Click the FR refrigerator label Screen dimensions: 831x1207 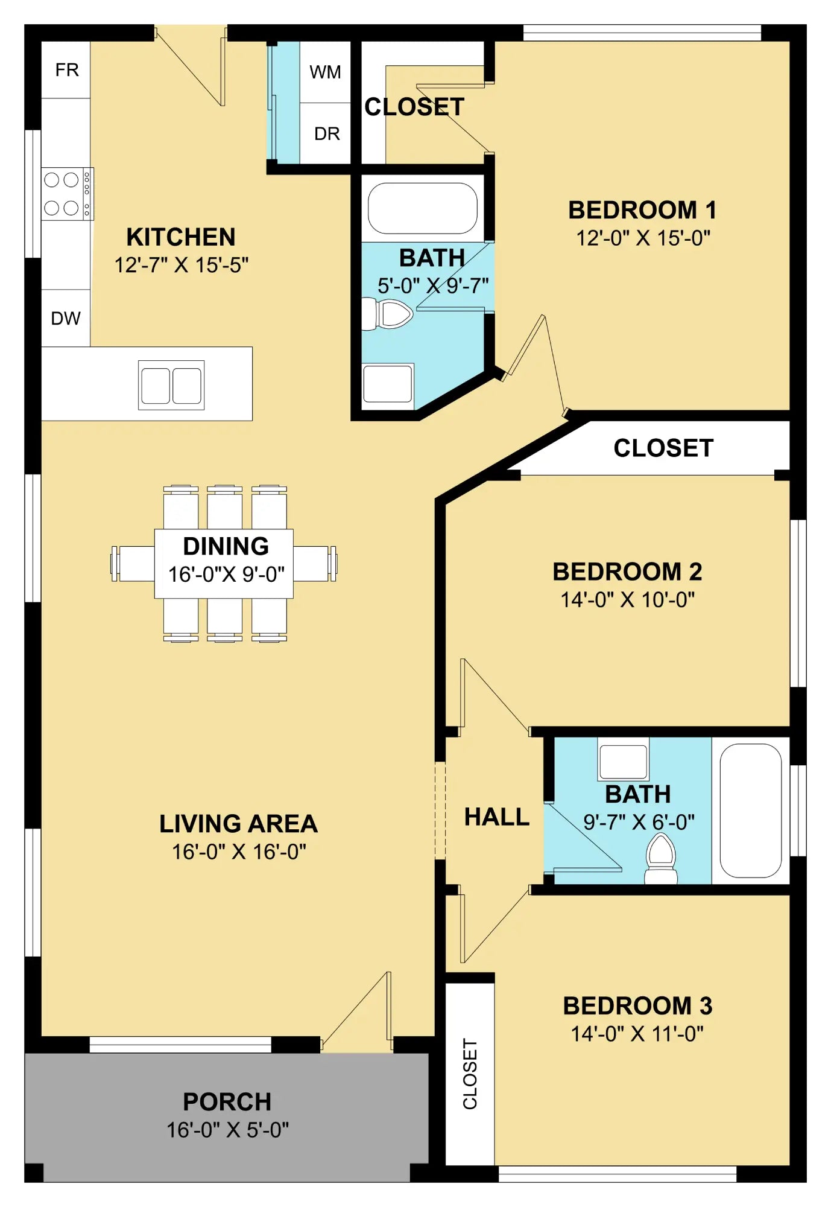(67, 70)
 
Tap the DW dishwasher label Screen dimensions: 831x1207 (66, 318)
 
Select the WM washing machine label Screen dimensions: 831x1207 (325, 72)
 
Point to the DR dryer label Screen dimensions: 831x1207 (327, 133)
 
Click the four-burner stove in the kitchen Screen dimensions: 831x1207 (68, 194)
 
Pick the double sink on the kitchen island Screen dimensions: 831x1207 (171, 386)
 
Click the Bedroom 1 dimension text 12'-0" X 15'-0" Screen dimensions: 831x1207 (643, 238)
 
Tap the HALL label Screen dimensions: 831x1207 (497, 817)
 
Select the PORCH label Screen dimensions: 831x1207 (227, 1102)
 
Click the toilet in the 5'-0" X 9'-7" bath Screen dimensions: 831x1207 (387, 314)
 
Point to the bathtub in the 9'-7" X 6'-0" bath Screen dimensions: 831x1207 (751, 811)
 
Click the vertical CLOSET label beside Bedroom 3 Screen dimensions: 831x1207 (470, 1074)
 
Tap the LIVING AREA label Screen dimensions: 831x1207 (238, 824)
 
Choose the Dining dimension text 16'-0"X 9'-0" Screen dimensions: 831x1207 (226, 575)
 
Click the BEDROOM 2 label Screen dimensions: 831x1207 (628, 572)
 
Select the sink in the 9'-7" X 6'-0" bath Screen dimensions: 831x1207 (624, 759)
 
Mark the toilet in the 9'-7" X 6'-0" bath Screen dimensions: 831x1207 (661, 859)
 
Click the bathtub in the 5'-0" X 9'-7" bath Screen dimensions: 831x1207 (422, 208)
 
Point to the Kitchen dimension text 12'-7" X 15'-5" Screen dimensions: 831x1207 (182, 265)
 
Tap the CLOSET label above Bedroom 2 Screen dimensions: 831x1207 (663, 448)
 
